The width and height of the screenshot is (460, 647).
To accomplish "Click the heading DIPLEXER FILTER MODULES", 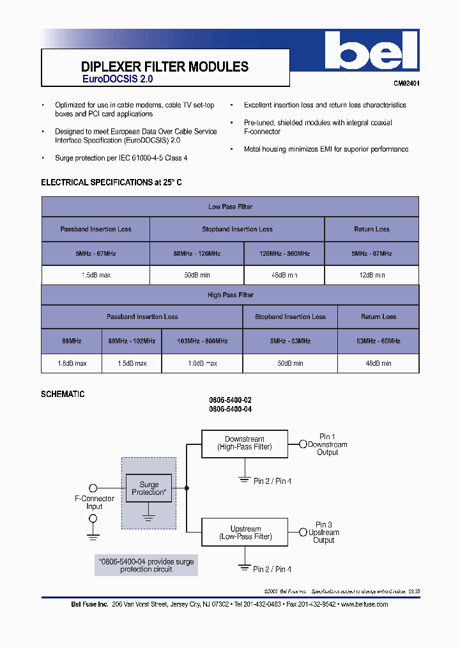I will click(x=165, y=67).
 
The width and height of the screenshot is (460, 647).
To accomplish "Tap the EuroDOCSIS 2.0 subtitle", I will click(x=118, y=80).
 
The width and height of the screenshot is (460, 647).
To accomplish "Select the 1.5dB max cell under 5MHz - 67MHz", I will click(x=96, y=275).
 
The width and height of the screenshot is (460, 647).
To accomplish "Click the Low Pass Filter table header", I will click(x=230, y=207).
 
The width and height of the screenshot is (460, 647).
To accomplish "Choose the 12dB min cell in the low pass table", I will click(x=372, y=275).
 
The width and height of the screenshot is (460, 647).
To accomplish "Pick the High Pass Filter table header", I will click(x=230, y=295).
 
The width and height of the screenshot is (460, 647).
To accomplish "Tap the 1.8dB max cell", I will click(x=71, y=363).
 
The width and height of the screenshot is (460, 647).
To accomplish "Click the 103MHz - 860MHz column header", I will click(x=203, y=341).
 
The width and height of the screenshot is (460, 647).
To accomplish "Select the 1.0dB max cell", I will click(x=203, y=363).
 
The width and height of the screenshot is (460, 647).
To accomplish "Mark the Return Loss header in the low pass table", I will click(x=372, y=229).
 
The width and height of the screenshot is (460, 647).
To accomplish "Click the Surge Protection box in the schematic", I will click(x=149, y=488).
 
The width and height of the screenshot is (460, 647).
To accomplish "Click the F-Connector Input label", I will click(x=95, y=503).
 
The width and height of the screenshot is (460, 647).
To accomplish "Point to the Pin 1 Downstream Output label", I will click(x=327, y=444).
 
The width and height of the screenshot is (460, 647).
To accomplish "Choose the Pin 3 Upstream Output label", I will click(x=324, y=533).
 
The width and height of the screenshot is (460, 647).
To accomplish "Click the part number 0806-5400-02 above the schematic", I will click(x=230, y=400).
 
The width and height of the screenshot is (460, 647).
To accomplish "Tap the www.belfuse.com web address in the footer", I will click(x=364, y=604).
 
